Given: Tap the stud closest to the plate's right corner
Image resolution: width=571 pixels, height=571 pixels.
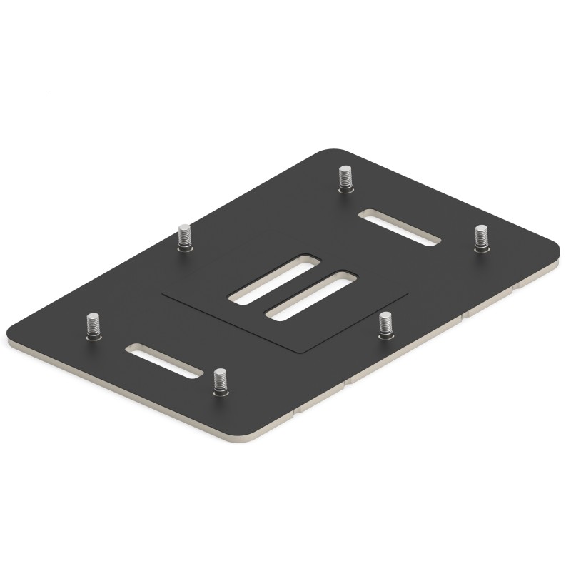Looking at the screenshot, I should point(480,238).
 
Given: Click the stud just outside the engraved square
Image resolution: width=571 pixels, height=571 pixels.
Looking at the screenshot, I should point(385,324).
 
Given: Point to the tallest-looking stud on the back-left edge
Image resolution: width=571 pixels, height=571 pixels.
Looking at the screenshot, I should point(184,236).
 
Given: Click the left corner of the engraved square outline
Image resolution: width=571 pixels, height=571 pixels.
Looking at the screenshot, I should point(162,293).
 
